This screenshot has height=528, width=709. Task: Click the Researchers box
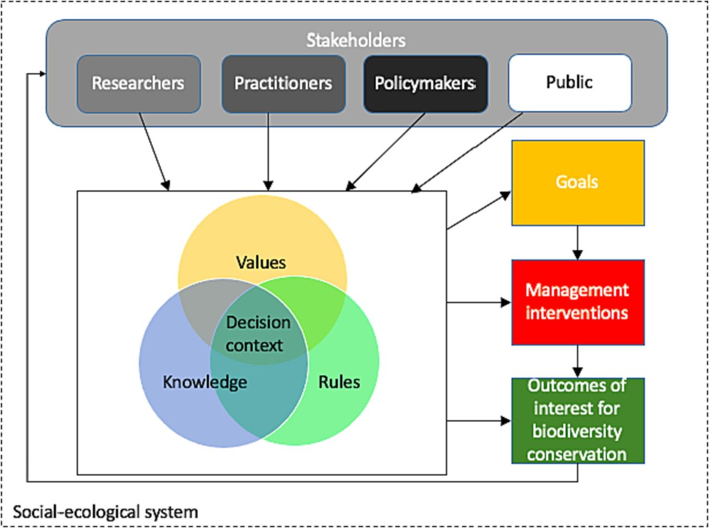click(x=138, y=83)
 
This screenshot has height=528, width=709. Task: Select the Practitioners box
click(x=283, y=83)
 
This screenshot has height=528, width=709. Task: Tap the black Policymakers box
click(x=425, y=83)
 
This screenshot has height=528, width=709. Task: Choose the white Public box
click(x=570, y=82)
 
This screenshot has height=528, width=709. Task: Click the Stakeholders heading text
click(x=356, y=41)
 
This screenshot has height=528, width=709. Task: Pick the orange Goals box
click(x=577, y=182)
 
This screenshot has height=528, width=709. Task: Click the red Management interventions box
click(x=577, y=302)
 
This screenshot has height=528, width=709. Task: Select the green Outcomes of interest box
click(x=577, y=421)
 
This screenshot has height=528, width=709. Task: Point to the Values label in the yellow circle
click(x=261, y=262)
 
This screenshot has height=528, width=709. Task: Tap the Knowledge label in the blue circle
click(x=204, y=382)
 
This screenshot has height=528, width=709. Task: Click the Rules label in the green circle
click(x=339, y=382)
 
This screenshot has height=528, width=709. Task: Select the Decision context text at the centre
click(x=259, y=334)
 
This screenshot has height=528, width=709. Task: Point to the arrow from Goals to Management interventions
click(x=577, y=242)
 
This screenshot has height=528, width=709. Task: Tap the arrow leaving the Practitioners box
click(x=269, y=151)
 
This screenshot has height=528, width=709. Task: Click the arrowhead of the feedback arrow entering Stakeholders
click(x=42, y=74)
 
